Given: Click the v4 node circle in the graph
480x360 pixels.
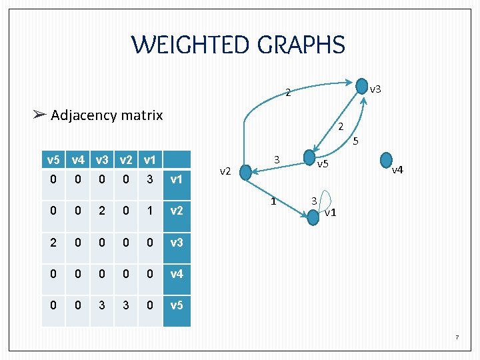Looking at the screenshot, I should click(x=385, y=160).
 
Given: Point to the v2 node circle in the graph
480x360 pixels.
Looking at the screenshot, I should click(x=245, y=173).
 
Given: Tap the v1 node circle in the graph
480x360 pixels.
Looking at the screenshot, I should click(x=315, y=218).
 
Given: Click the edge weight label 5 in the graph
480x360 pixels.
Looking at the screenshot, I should click(x=356, y=141).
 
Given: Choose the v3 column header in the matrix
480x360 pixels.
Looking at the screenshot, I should click(x=102, y=160).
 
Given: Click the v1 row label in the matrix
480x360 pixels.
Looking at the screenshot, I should click(x=177, y=179).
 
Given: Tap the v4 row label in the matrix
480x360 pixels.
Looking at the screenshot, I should click(x=177, y=273).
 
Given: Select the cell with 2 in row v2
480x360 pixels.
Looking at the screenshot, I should click(x=102, y=211).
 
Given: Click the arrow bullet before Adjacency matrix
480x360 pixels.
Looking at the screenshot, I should click(x=39, y=115).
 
